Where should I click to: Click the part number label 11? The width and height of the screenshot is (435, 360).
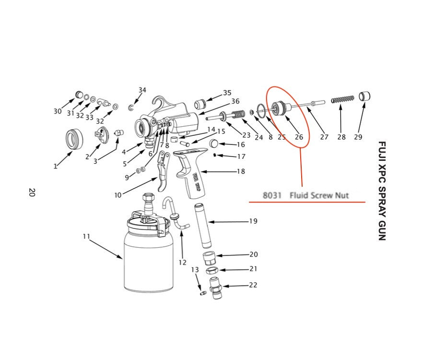coord(86,236)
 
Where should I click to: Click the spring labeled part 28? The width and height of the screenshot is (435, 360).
coord(343,99)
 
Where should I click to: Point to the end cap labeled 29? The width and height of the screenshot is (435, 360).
coord(365,96)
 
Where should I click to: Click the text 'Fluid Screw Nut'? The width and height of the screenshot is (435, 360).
coord(319,196)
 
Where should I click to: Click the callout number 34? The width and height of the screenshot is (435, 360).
coord(142,90)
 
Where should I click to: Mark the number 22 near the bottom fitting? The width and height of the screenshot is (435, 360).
coord(253,285)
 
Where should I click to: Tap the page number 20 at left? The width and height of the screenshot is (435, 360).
coord(32,192)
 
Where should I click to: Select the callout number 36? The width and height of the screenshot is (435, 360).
coord(235,101)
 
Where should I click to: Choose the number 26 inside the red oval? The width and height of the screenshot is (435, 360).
coord(299,137)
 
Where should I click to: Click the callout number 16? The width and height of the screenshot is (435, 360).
coord(240,144)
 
